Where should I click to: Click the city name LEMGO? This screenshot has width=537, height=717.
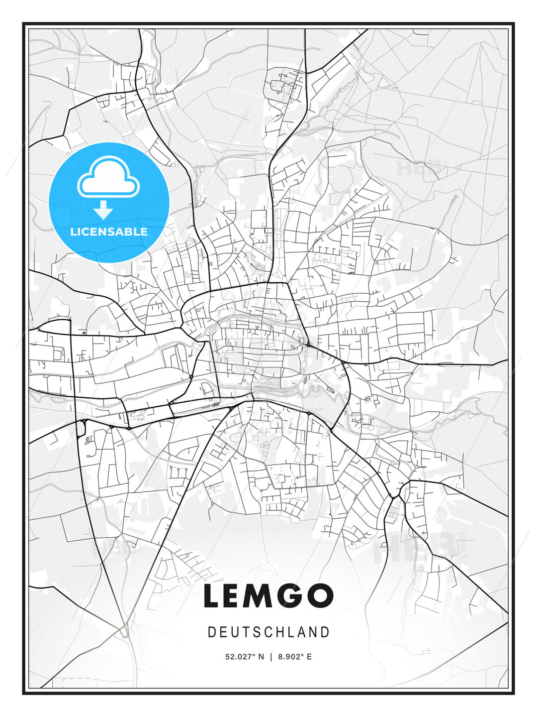tap(268, 596)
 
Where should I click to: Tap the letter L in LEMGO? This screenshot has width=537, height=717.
tap(212, 596)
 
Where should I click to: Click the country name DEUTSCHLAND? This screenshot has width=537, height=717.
tap(268, 632)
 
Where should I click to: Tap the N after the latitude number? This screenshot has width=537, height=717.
tap(262, 657)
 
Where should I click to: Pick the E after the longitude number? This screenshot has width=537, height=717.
tap(309, 657)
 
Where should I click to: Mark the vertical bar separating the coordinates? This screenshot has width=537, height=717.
tap(271, 657)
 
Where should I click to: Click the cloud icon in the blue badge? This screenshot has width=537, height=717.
tap(108, 178)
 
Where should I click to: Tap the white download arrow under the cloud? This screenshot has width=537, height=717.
tap(103, 210)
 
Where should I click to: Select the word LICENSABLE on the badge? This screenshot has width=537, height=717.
tap(109, 232)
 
